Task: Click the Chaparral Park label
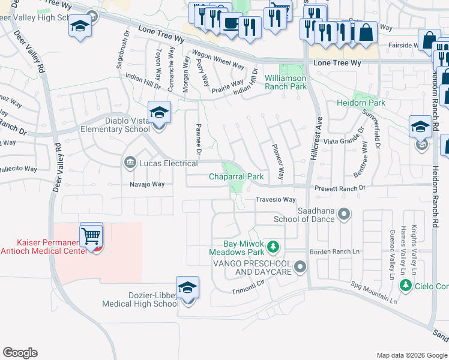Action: tap(236, 177)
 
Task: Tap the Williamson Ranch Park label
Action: tap(286, 83)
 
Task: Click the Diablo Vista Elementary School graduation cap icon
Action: tap(159, 112)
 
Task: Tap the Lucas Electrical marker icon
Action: tap(130, 163)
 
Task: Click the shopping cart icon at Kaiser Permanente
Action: tap(91, 235)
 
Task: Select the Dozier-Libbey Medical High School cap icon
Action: tap(187, 289)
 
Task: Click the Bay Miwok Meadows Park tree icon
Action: tap(273, 246)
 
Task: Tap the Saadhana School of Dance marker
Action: tap(344, 214)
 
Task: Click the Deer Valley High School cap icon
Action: tap(80, 26)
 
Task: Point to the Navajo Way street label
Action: tap(147, 185)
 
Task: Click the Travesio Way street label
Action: tap(276, 200)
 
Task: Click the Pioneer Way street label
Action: tap(277, 161)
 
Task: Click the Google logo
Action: tap(20, 353)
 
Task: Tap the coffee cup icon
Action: tap(230, 23)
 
